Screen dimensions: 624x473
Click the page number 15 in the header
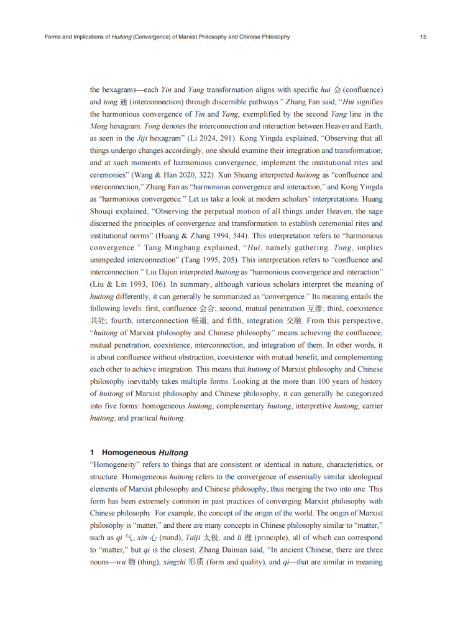tap(423, 37)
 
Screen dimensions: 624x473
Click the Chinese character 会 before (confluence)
tap(336, 89)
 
